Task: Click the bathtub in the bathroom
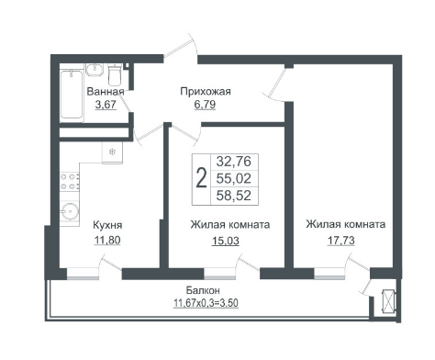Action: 72,95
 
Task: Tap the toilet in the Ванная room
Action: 115,74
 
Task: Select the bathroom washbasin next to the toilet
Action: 95,70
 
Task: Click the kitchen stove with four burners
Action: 70,181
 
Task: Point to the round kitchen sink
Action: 70,211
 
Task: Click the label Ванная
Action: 106,92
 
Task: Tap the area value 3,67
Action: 106,105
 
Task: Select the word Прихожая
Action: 206,92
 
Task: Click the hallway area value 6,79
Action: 205,105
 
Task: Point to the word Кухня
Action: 107,225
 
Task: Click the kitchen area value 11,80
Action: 107,240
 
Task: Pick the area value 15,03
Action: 226,241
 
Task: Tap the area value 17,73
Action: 341,240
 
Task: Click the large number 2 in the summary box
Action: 201,179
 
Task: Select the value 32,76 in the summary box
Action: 234,162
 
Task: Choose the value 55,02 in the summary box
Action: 234,178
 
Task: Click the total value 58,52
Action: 234,196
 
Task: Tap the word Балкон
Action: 203,290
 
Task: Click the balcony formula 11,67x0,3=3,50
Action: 206,303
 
